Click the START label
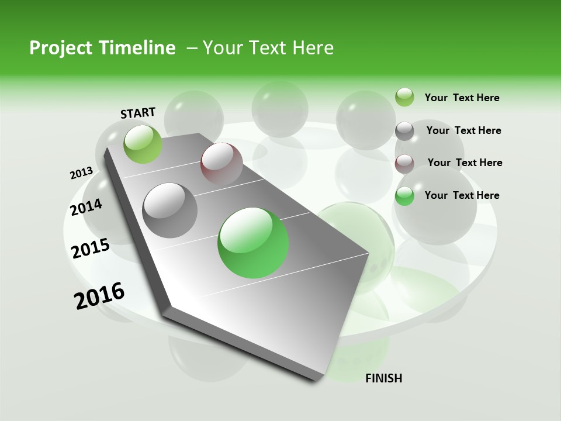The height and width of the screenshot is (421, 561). tap(138, 113)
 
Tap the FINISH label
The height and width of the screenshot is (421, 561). tap(383, 378)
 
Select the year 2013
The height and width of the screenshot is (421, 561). tap(82, 172)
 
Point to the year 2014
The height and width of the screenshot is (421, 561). tap(86, 207)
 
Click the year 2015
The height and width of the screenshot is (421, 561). tap(91, 249)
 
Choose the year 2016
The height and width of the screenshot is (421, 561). tap(99, 295)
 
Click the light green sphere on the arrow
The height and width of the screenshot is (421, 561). tap(143, 144)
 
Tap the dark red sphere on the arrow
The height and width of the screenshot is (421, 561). tap(221, 163)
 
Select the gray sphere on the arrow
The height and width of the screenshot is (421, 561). tap(170, 210)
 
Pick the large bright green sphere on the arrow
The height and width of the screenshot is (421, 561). tap(253, 243)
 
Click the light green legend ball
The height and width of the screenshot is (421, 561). tap(404, 97)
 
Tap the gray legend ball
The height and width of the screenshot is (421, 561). tap(404, 131)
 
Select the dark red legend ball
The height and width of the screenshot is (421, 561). tap(404, 164)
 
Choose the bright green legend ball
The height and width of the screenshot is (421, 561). tap(404, 196)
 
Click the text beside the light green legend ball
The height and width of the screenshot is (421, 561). tap(462, 98)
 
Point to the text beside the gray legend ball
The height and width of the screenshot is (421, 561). tap(463, 130)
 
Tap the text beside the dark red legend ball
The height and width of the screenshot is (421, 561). tap(465, 163)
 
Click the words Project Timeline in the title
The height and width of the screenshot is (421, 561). tap(102, 48)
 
